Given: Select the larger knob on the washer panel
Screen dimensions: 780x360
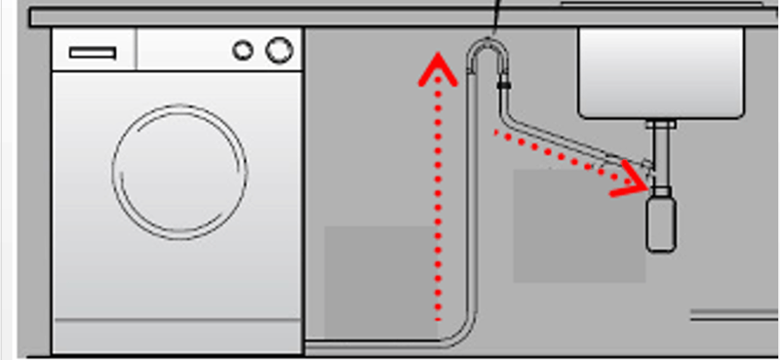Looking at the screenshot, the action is pyautogui.click(x=279, y=48).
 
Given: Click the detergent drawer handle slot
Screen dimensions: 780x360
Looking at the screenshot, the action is pyautogui.click(x=93, y=52).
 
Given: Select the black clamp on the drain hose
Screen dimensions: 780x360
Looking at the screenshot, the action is pyautogui.click(x=503, y=86).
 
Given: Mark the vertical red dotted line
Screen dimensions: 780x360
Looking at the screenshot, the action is pyautogui.click(x=438, y=205).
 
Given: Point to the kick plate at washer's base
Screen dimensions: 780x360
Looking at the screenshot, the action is pyautogui.click(x=175, y=341).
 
